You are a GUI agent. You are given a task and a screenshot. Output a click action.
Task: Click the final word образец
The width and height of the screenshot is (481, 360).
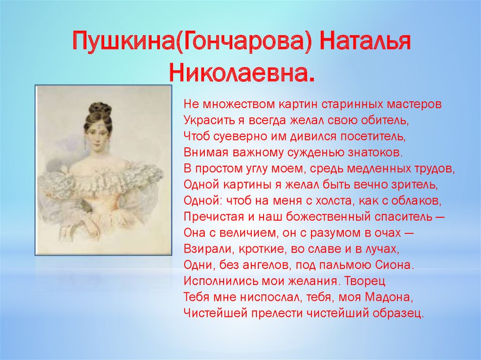coord(398,314)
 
